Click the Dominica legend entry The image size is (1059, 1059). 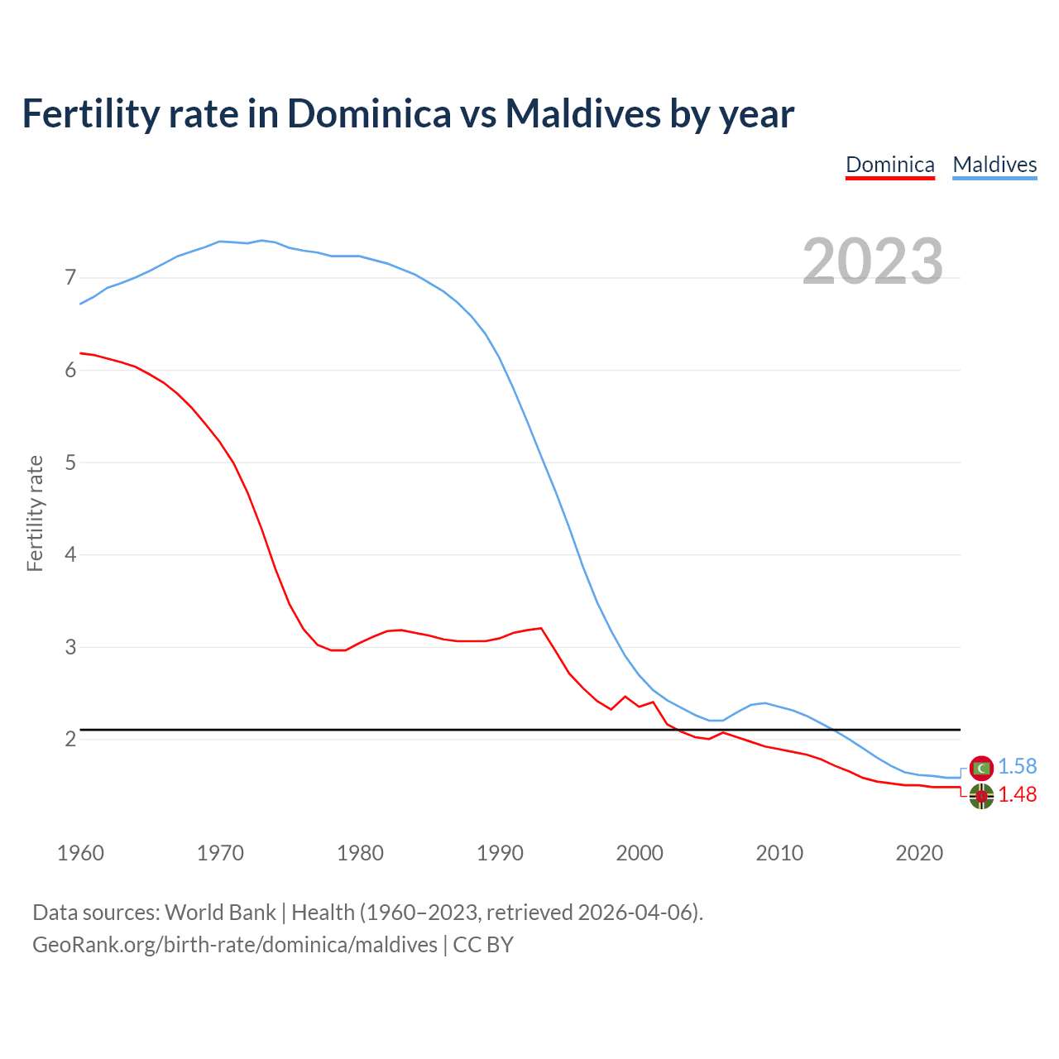889,165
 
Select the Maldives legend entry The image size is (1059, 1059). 994,165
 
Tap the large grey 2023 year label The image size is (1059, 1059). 873,261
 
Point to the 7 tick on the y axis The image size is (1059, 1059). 70,277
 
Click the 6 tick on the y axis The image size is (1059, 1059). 70,370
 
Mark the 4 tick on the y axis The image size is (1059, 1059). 70,554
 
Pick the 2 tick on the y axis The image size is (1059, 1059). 70,739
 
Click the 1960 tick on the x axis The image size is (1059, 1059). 80,853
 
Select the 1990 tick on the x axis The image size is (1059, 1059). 500,853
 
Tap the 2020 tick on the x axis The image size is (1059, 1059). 919,853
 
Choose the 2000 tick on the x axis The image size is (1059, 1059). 640,853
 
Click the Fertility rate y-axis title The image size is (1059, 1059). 35,513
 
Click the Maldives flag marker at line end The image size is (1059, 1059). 981,769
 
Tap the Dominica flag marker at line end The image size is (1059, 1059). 981,797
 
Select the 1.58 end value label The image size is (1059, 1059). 1017,767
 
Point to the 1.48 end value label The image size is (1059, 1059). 1017,795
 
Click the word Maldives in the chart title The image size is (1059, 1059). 582,113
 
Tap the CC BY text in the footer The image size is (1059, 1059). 483,945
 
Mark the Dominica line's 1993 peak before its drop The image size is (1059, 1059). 541,628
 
